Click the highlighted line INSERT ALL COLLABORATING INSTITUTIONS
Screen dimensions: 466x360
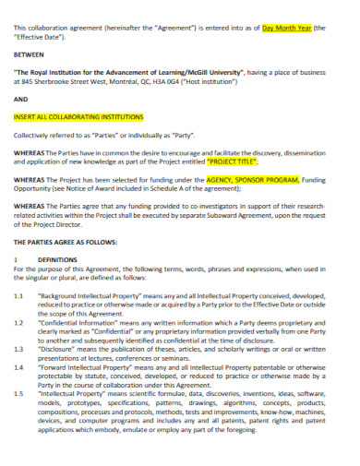pos(78,117)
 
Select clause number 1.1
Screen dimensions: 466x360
pos(19,294)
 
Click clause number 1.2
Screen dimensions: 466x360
pos(19,323)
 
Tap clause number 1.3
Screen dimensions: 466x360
pos(19,351)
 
